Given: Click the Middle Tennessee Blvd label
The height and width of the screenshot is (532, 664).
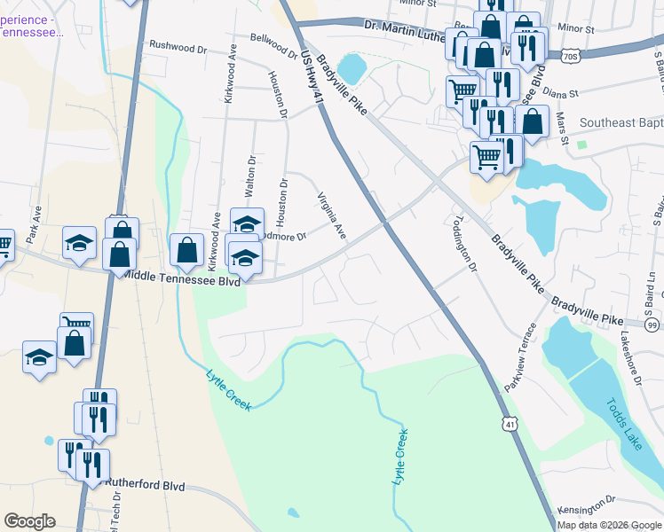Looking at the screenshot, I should click(x=181, y=276).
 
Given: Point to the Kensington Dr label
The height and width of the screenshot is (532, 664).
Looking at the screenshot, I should click(x=587, y=511).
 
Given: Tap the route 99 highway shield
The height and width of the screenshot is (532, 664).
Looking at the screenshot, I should click(x=652, y=326).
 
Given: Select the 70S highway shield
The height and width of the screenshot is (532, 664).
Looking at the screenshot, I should click(x=571, y=57).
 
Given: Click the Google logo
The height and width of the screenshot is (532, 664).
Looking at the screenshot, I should click(x=29, y=521).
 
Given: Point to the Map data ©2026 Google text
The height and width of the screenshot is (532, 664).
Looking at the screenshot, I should click(x=609, y=525).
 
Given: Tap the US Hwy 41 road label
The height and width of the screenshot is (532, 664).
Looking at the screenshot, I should click(x=311, y=78).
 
